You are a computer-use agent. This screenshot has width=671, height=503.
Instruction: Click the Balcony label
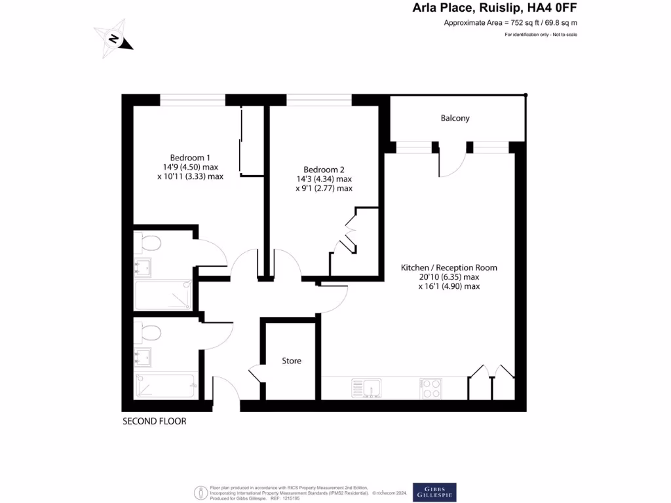(455, 119)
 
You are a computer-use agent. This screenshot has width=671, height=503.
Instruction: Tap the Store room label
(292, 361)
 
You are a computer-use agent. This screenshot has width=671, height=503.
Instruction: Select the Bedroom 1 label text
(190, 157)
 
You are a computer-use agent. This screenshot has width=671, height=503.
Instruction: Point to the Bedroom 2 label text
(324, 169)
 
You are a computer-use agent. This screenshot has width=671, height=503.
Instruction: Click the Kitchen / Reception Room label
(449, 267)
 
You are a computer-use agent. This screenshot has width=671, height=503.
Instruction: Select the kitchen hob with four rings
(431, 388)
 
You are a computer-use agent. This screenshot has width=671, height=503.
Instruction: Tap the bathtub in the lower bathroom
(166, 386)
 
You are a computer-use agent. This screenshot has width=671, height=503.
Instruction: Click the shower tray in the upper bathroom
(164, 295)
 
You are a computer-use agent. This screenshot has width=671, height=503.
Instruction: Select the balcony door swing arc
(452, 160)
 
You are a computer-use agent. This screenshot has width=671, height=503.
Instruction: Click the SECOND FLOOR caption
(155, 421)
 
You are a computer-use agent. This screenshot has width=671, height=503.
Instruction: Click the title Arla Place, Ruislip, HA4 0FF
(495, 9)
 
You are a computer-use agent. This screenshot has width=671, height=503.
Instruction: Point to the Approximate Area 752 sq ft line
(510, 23)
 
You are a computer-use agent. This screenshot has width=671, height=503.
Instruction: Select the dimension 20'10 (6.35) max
(449, 277)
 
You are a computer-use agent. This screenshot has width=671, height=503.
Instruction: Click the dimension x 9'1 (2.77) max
(324, 189)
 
